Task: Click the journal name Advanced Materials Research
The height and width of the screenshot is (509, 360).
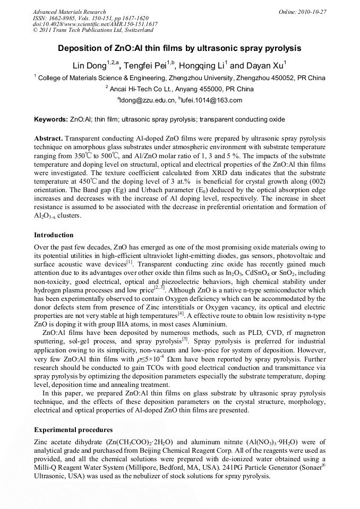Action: point(69,12)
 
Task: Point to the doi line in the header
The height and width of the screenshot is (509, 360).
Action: point(95,24)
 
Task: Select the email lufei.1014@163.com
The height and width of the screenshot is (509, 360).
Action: point(212,100)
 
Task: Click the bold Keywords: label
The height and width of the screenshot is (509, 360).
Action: point(50,119)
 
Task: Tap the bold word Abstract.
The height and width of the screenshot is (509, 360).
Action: point(48,138)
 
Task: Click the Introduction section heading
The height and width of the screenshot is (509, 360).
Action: point(54,235)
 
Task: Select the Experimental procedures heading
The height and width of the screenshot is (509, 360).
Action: point(73,429)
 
